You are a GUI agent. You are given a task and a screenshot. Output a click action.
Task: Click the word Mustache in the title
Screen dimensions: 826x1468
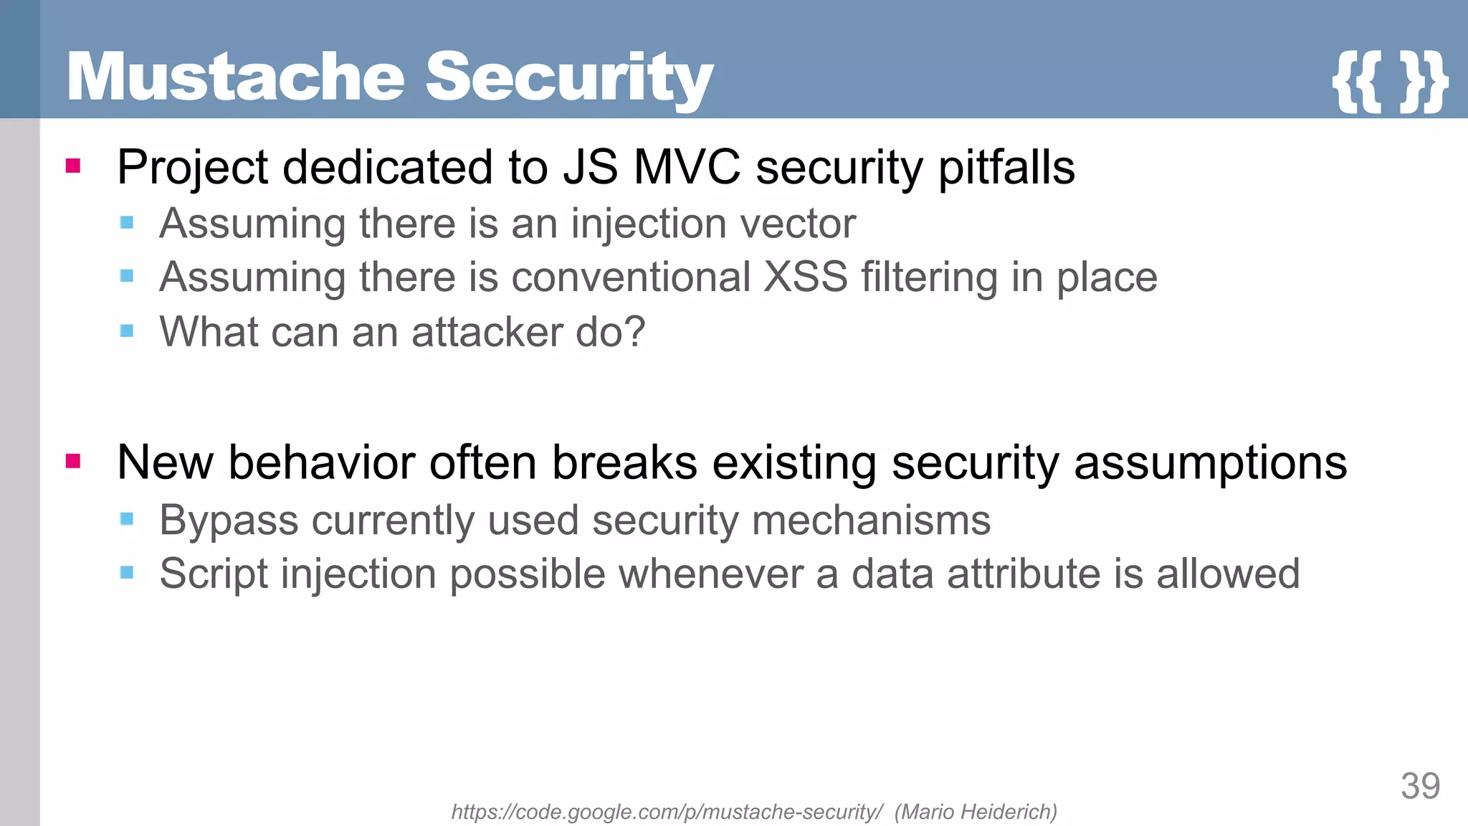click(237, 77)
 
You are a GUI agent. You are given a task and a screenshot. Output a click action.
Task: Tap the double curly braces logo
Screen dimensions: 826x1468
click(1389, 80)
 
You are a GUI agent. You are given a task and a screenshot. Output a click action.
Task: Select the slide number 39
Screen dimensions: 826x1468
click(1420, 787)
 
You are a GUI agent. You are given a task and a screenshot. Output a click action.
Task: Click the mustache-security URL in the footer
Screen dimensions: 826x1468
click(667, 812)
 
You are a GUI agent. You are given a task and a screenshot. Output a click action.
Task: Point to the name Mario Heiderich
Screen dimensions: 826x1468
click(976, 812)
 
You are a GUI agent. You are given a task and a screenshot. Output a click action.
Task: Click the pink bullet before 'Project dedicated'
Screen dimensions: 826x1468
click(73, 166)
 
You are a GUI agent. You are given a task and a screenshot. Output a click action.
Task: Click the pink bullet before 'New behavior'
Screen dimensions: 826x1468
click(73, 460)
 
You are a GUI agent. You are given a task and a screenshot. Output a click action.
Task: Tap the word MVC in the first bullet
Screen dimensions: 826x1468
click(686, 167)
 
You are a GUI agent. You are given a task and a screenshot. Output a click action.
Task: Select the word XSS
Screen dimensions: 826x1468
click(806, 277)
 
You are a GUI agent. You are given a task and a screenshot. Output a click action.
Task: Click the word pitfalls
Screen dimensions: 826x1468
click(1006, 167)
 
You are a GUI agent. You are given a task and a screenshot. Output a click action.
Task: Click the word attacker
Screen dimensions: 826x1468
click(487, 332)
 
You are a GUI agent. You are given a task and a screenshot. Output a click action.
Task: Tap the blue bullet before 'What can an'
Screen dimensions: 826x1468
click(127, 331)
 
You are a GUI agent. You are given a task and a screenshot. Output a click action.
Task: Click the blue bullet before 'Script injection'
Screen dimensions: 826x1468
click(127, 572)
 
